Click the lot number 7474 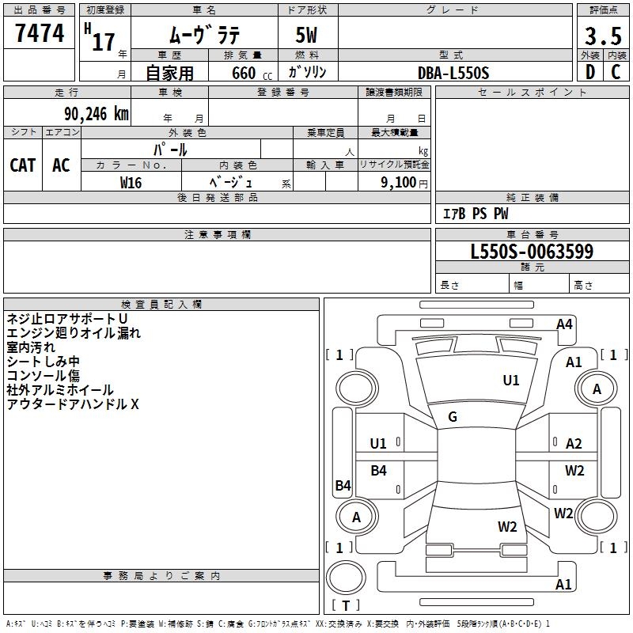(x=40, y=32)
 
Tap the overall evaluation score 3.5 (x=603, y=36)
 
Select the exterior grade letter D (x=590, y=72)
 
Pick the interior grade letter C (x=616, y=72)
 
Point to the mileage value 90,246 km (x=97, y=114)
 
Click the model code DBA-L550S (x=453, y=73)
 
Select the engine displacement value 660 (x=244, y=73)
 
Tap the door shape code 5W (x=306, y=35)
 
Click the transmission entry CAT (x=23, y=165)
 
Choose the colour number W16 (x=131, y=183)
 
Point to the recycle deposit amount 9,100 (x=399, y=183)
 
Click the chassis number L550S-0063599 (x=532, y=251)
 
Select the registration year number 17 (x=104, y=42)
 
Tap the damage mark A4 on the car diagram (x=564, y=324)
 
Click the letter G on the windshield (x=453, y=417)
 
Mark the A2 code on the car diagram (x=574, y=444)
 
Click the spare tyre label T (x=346, y=605)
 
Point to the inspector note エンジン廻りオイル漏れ (x=74, y=333)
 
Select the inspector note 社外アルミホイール (x=60, y=390)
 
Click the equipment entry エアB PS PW (x=476, y=214)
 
